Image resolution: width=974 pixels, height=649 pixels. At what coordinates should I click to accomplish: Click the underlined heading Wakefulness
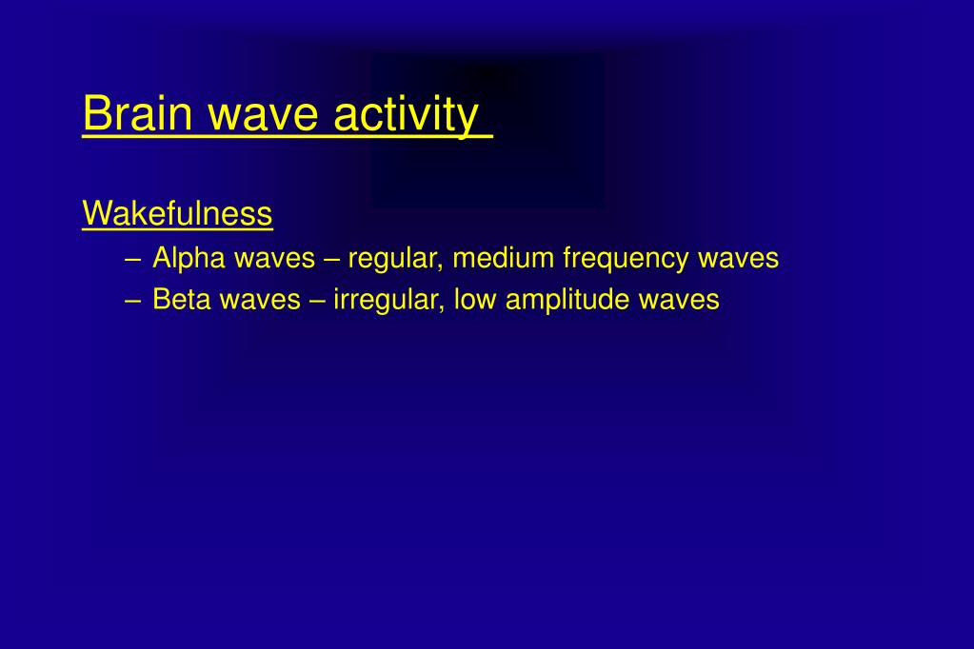pos(177,213)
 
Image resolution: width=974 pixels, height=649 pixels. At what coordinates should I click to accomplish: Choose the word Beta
pos(182,300)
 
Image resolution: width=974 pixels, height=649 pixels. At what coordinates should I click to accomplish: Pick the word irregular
pos(387,300)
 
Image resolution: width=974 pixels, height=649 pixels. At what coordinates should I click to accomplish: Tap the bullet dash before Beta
pos(131,301)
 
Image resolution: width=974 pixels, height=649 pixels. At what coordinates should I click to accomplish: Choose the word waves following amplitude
pos(679,301)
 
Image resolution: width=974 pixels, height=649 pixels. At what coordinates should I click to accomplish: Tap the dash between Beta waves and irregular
pos(317,301)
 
